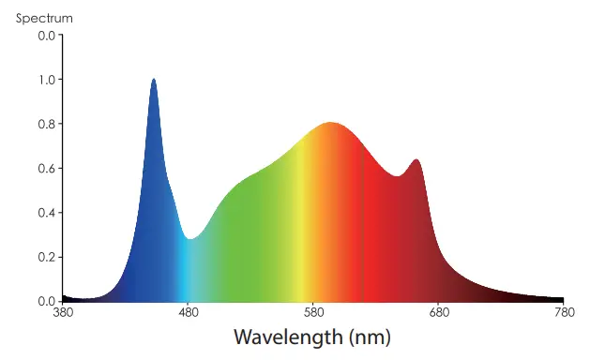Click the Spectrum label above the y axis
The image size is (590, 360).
coord(44,18)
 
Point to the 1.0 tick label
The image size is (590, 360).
coord(45,80)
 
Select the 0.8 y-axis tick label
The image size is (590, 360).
coord(45,124)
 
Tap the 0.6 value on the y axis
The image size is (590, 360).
coord(45,168)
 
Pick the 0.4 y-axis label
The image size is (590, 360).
coord(45,212)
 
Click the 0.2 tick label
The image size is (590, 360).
coord(45,257)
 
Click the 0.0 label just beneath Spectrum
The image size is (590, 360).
coord(45,36)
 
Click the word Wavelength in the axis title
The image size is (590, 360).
coord(287,337)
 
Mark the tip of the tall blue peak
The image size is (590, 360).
coord(154,81)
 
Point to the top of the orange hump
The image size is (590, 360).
coord(330,124)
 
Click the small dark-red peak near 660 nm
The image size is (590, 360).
coord(416,161)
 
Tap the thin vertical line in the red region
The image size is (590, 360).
coord(363,225)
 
